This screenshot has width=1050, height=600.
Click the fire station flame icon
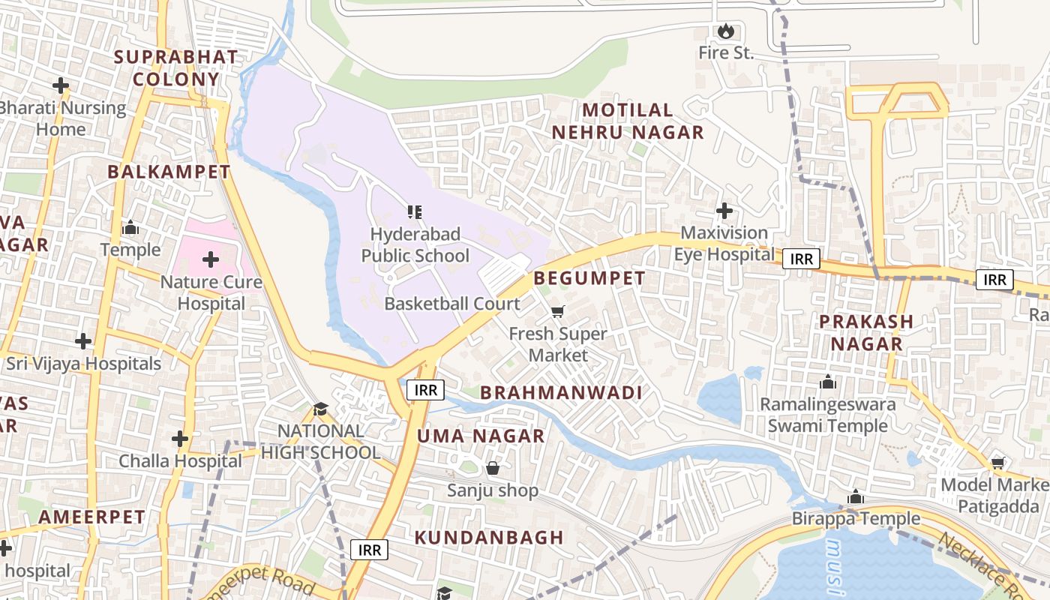click(725, 31)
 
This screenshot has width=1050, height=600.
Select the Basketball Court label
click(451, 304)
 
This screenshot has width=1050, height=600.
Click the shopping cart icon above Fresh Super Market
click(557, 311)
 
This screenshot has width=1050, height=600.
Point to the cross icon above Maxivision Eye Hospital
click(724, 211)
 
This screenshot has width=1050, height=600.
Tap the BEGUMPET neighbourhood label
click(589, 278)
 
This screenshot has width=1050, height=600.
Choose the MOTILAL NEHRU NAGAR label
click(628, 121)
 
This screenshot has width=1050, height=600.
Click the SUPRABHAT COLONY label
click(175, 68)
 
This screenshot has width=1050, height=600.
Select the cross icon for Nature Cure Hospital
click(211, 260)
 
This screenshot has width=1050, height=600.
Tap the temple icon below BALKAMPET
click(130, 227)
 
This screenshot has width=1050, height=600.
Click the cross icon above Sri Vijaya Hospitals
click(83, 341)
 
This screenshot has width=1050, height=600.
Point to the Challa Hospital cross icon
click(180, 438)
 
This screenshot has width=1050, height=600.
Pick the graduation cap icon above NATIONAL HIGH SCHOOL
click(321, 409)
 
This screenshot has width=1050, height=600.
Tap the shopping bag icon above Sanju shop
click(493, 469)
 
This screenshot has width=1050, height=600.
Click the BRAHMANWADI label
click(561, 393)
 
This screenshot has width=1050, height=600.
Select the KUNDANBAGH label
click(489, 538)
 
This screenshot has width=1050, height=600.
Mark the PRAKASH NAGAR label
click(865, 332)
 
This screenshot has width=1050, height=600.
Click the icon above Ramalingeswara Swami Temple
click(828, 382)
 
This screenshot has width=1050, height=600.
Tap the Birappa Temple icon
click(856, 497)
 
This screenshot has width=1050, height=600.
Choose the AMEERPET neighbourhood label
click(91, 517)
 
